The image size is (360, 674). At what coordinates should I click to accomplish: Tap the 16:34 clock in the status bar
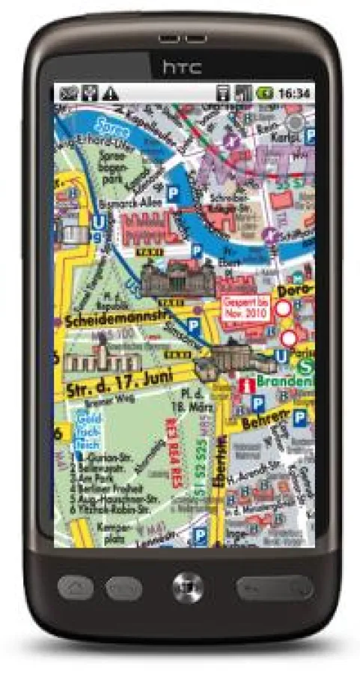coord(295,94)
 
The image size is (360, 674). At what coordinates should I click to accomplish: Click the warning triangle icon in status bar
coord(111,94)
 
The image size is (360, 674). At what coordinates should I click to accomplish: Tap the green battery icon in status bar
coord(264,94)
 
